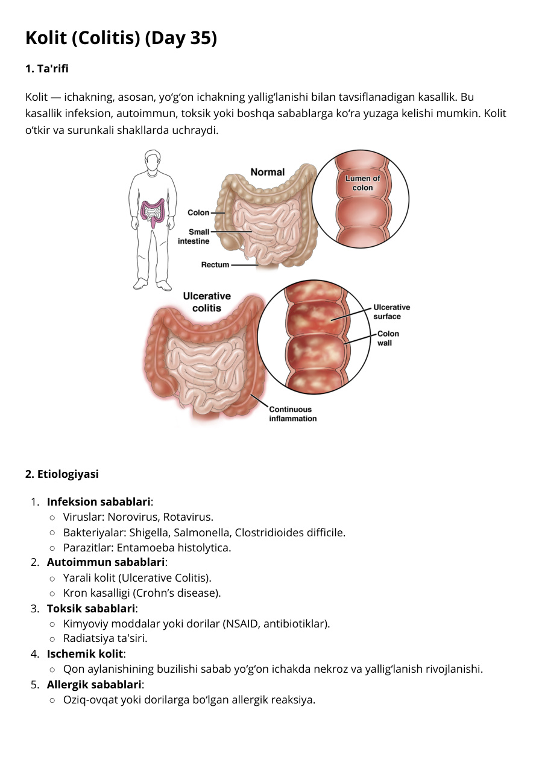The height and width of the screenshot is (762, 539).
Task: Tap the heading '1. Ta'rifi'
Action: click(47, 69)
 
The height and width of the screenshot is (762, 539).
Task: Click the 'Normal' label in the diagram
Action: click(268, 172)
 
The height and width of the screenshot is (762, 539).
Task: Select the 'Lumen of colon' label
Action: click(362, 183)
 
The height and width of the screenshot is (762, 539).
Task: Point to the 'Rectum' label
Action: click(215, 265)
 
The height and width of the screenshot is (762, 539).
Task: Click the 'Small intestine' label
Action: click(194, 237)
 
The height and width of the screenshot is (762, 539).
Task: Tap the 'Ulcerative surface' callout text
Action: click(391, 312)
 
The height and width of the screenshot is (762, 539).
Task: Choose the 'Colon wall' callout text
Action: click(388, 338)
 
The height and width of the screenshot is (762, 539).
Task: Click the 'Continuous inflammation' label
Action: click(292, 414)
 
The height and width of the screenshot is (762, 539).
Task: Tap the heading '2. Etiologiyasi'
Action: click(62, 474)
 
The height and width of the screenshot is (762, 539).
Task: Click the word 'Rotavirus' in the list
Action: click(188, 517)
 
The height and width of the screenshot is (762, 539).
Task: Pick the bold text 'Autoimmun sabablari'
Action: click(106, 562)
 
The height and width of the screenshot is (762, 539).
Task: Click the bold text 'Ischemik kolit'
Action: click(85, 654)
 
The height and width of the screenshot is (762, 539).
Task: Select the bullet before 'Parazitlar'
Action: click(52, 548)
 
